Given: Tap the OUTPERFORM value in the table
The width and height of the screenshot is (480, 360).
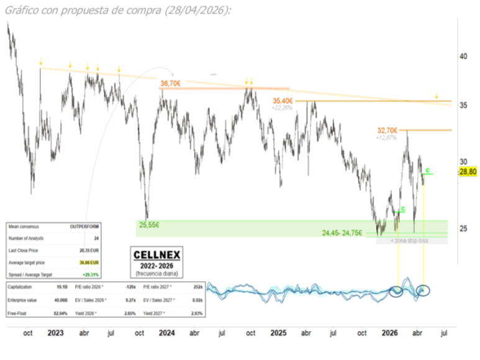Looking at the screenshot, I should pyautogui.click(x=89, y=228).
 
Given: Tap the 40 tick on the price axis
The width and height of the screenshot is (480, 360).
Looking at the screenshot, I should pyautogui.click(x=463, y=56).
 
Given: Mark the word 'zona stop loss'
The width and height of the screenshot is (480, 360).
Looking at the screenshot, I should pyautogui.click(x=409, y=240).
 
